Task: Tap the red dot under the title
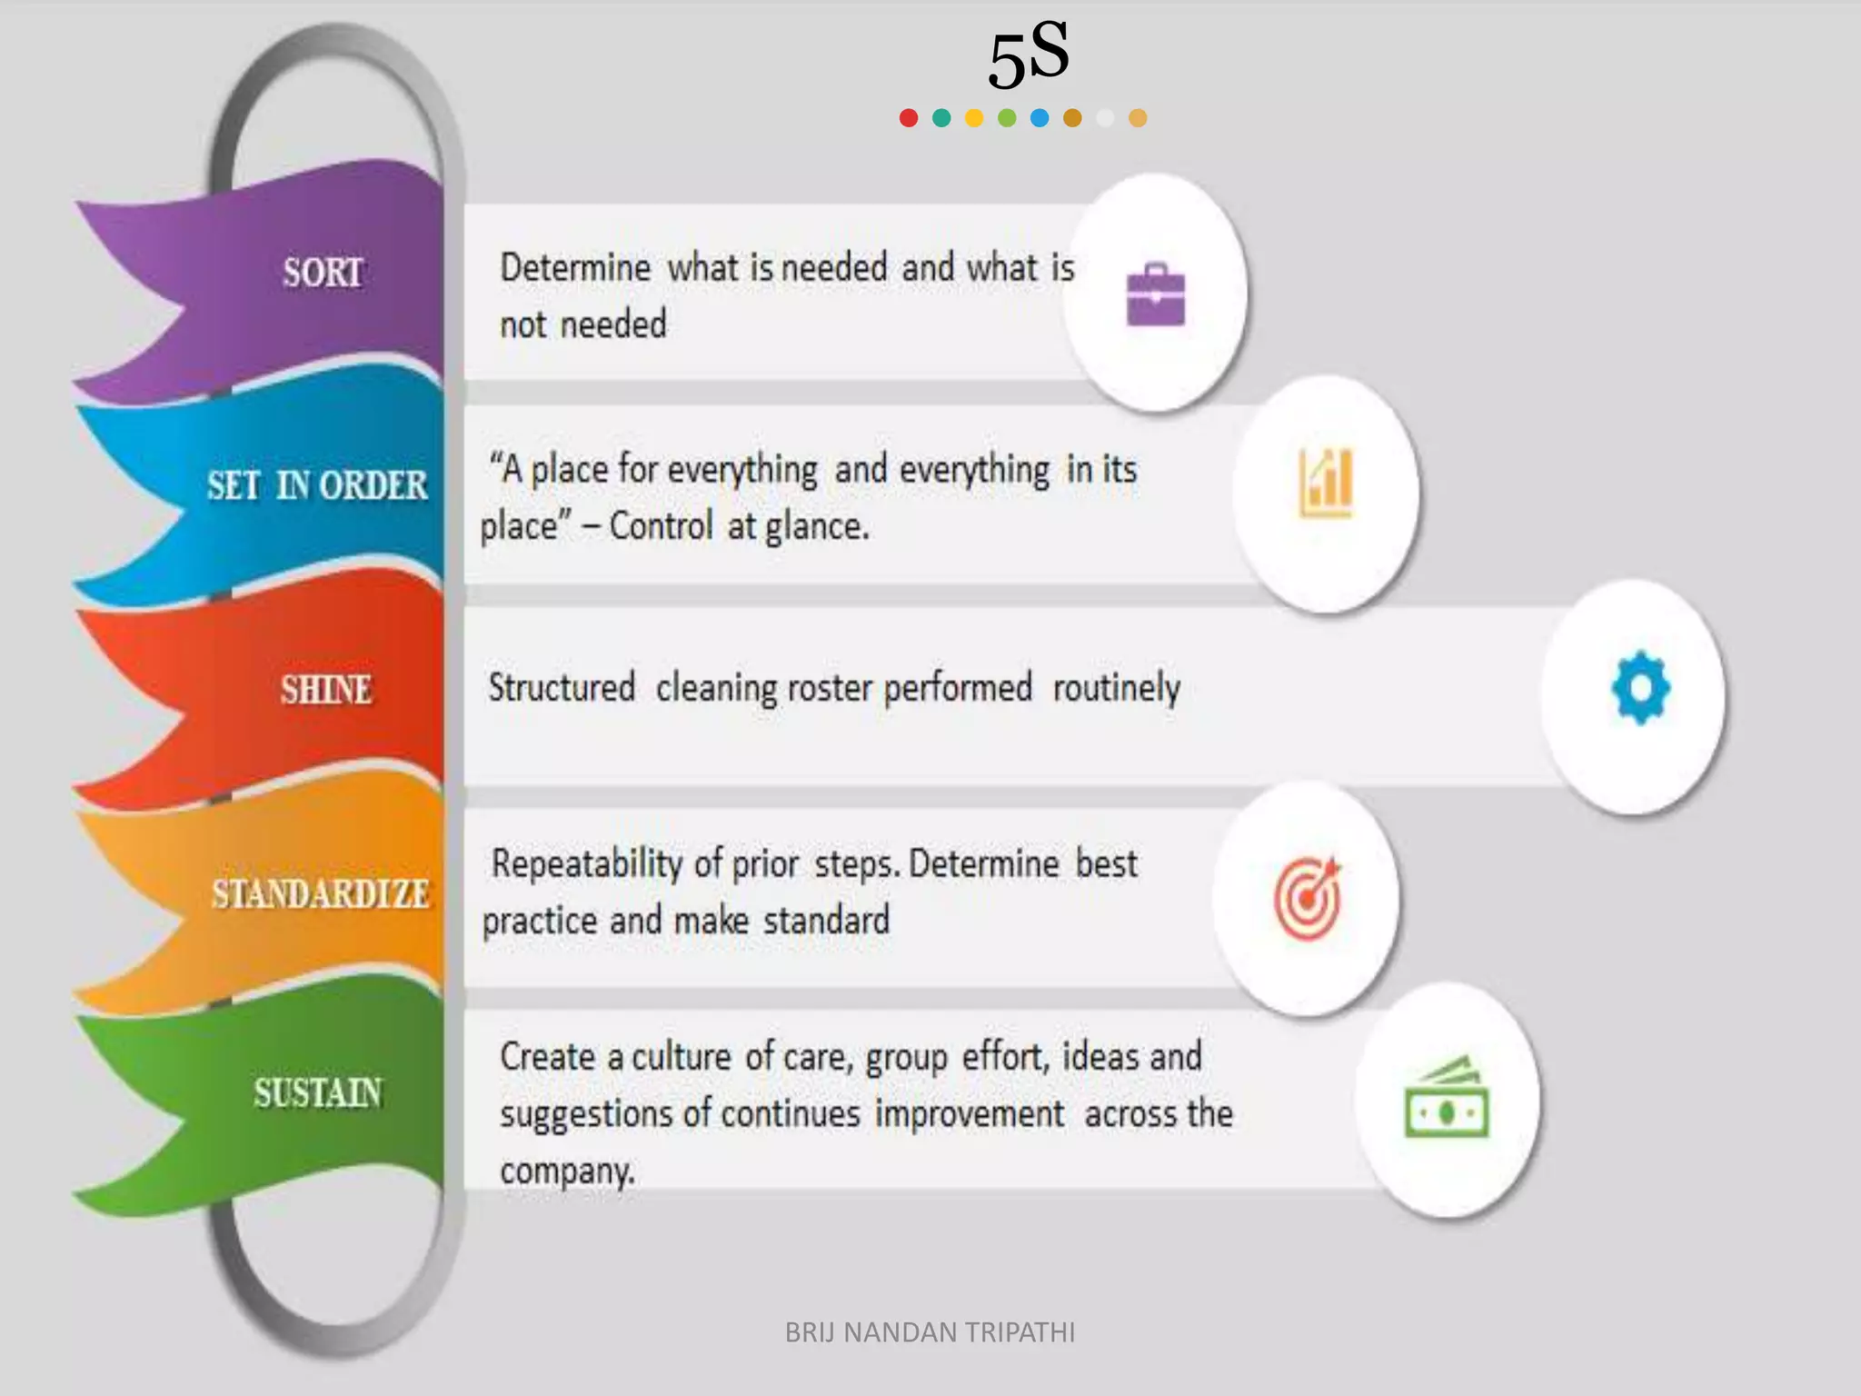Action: coord(908,118)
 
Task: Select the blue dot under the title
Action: coord(1040,118)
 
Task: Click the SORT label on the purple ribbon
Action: coord(323,273)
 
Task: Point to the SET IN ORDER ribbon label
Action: coord(316,485)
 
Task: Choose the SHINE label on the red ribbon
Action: coord(325,690)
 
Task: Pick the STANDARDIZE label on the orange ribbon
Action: coord(320,894)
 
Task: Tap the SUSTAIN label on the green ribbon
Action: coord(318,1093)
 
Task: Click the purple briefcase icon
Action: coord(1156,294)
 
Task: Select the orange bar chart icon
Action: coord(1327,484)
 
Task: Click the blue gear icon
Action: coord(1640,688)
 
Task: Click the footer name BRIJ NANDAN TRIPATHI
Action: coord(930,1332)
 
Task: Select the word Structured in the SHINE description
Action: coord(562,688)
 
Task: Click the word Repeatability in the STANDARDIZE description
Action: coord(586,863)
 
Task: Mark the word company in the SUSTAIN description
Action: coord(565,1172)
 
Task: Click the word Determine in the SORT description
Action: coord(575,268)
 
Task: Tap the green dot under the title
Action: coord(1007,118)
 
